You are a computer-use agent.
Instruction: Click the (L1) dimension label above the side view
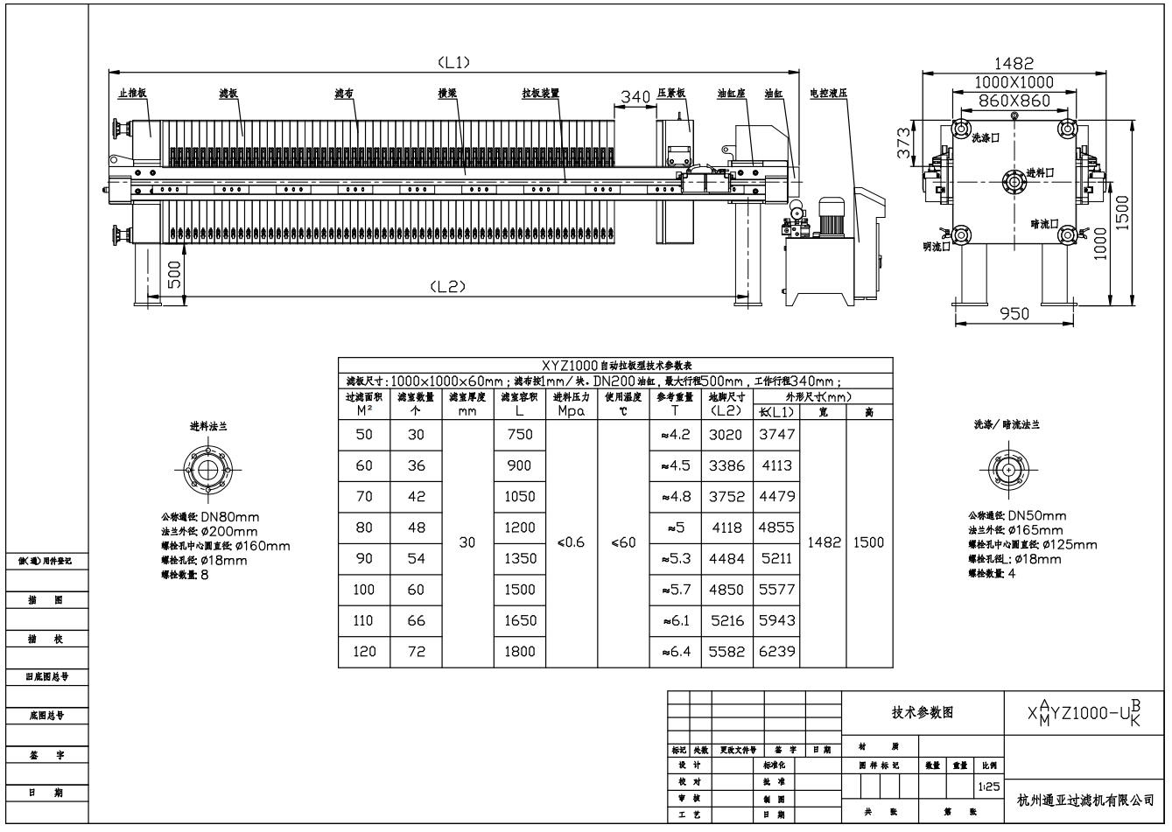tap(453, 62)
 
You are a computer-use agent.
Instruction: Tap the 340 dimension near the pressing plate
tap(635, 97)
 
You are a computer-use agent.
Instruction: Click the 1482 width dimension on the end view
tap(1014, 64)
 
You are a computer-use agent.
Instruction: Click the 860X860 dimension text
tap(1014, 101)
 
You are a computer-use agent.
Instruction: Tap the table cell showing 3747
tap(776, 434)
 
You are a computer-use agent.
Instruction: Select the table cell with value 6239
tap(776, 651)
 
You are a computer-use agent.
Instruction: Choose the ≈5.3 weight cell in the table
tap(674, 558)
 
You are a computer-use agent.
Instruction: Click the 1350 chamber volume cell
tap(519, 558)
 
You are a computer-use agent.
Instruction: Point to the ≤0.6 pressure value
tap(571, 542)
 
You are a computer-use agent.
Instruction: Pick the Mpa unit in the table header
tap(571, 411)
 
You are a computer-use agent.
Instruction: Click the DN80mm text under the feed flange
tap(230, 518)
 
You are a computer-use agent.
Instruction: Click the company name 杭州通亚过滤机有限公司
tap(1085, 800)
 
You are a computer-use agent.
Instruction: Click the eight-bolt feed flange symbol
tap(207, 470)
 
